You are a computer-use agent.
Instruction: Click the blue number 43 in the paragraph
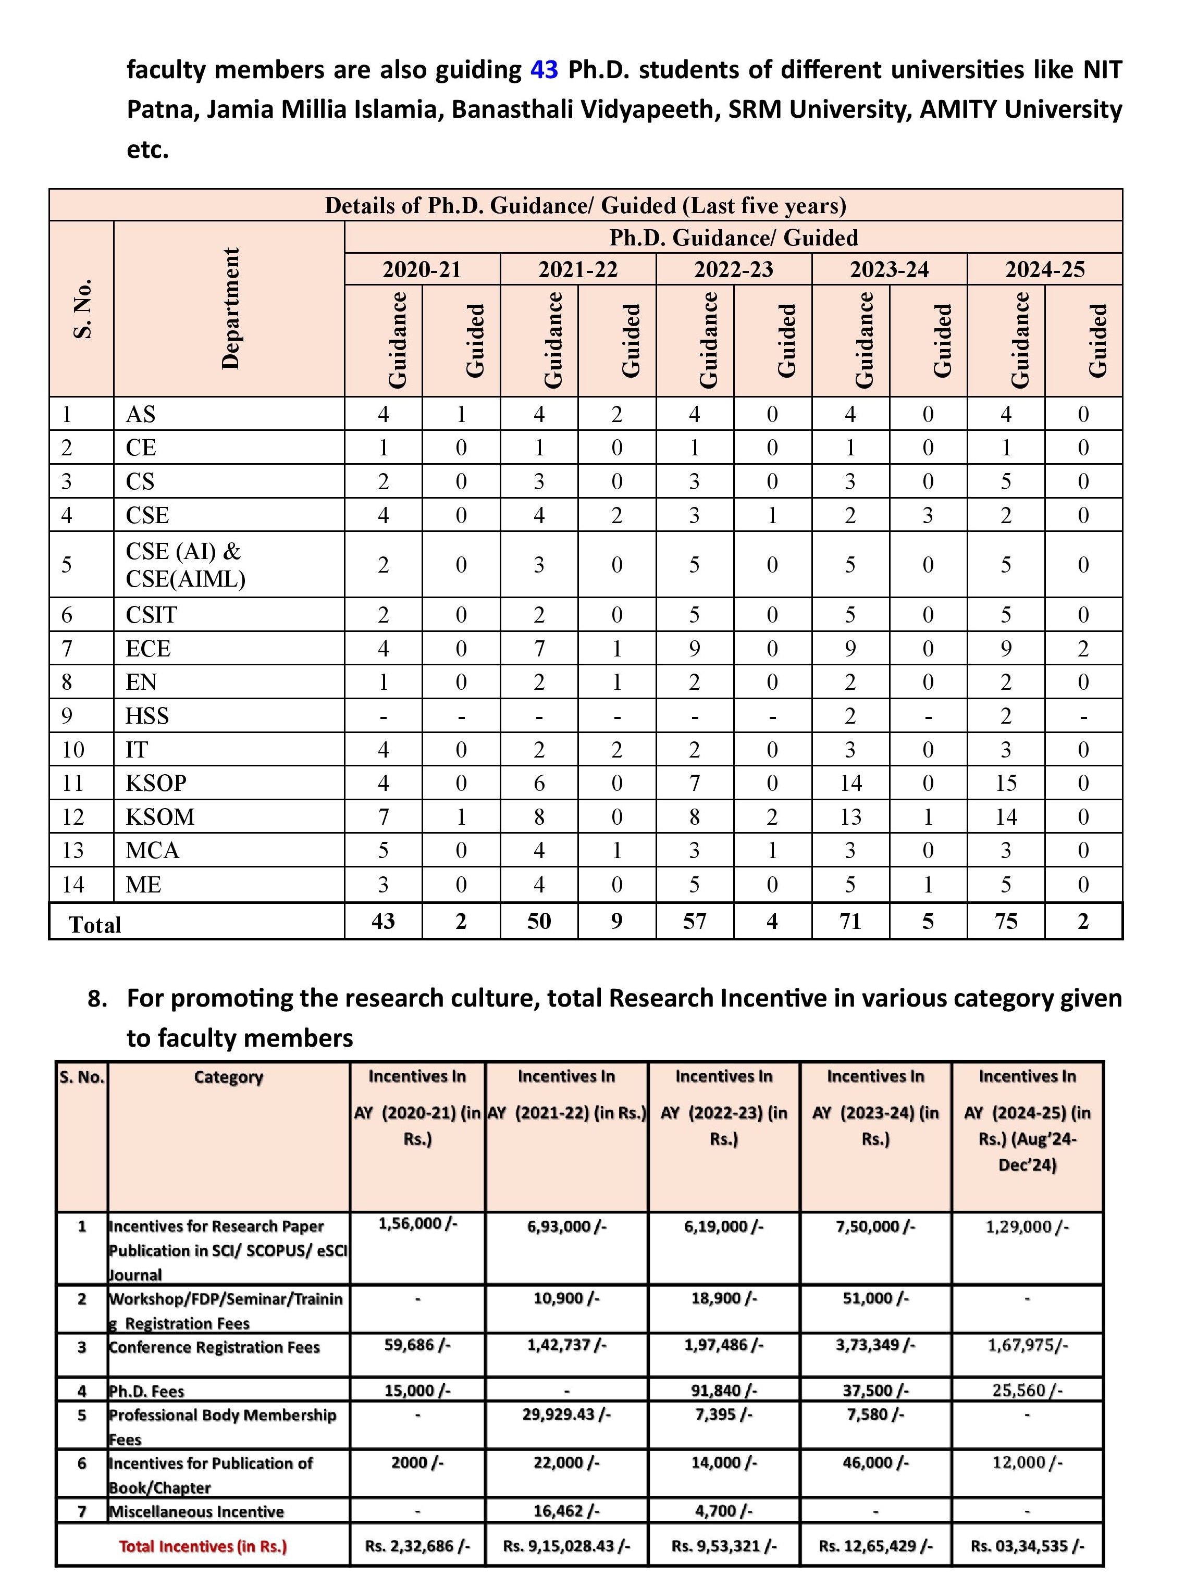tap(544, 70)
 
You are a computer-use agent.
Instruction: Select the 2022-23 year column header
tap(733, 270)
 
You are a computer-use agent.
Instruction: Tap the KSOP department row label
tap(156, 783)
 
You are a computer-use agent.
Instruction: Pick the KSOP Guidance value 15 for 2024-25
tap(1006, 783)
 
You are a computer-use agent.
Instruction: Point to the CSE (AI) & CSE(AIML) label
tap(185, 564)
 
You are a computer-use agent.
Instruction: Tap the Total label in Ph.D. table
tap(95, 925)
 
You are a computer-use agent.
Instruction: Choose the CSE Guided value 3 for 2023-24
tap(928, 515)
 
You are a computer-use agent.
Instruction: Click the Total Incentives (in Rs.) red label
tap(203, 1546)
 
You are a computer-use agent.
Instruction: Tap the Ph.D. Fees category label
tap(146, 1391)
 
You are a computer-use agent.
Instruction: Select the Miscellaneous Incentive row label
tap(196, 1511)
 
